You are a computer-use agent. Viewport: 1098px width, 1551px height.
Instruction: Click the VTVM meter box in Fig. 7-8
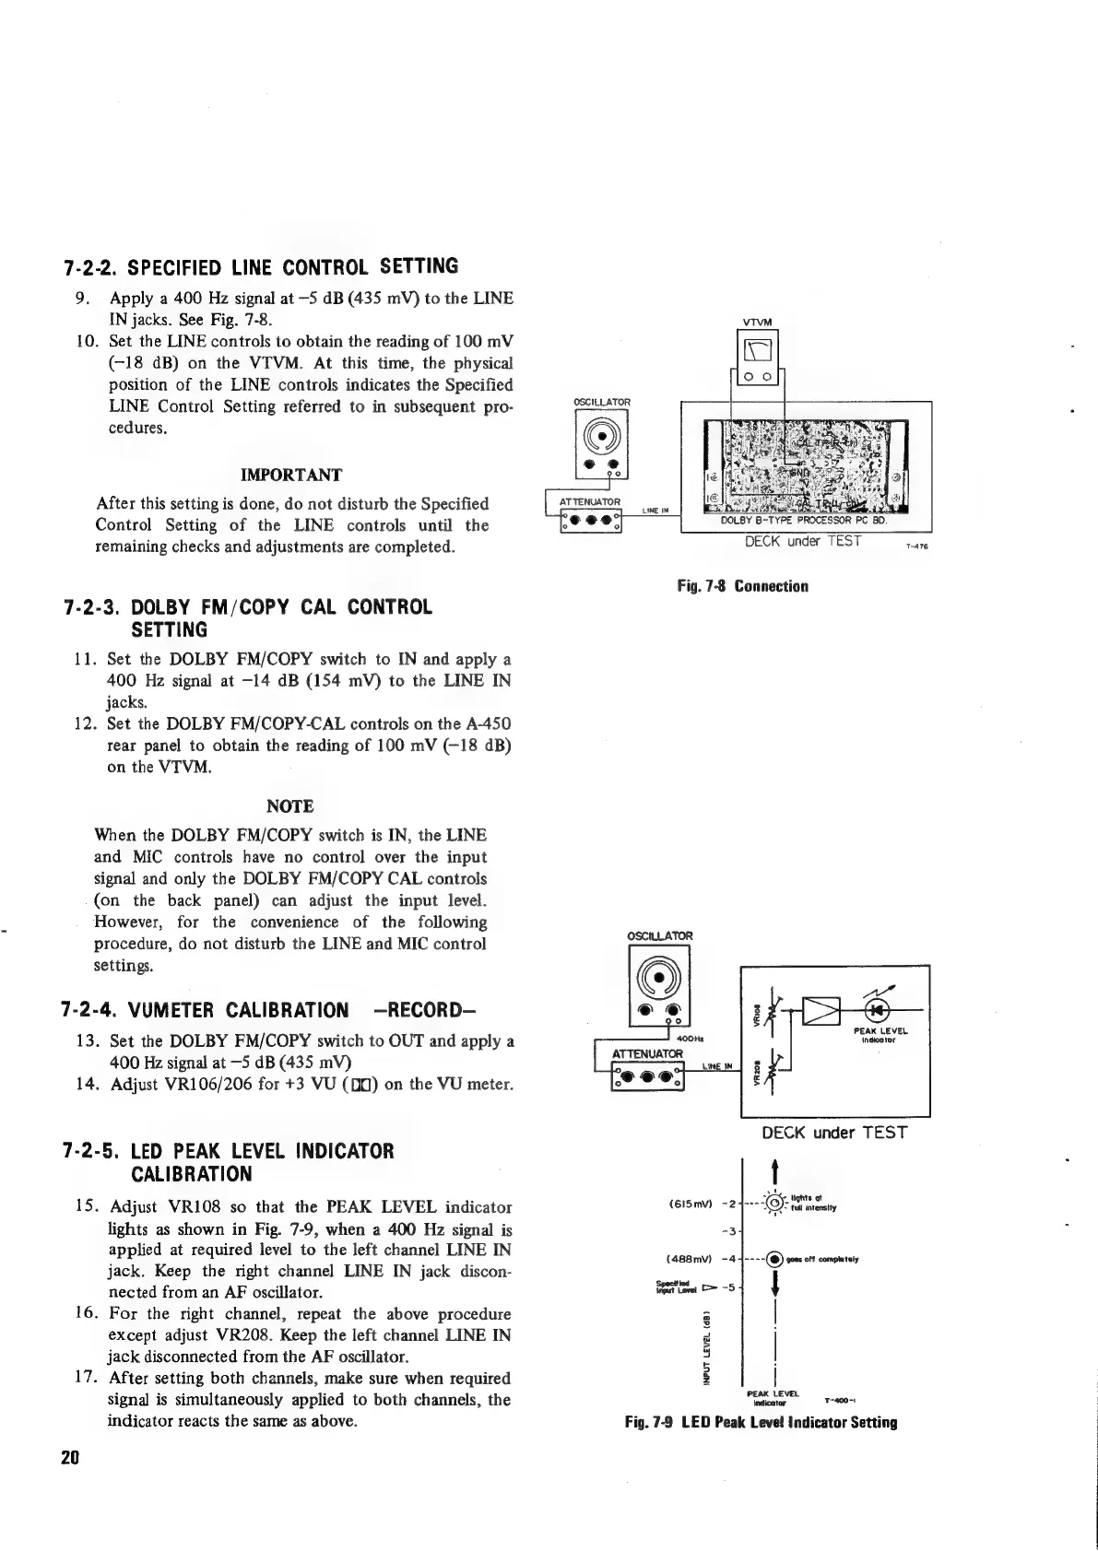[x=755, y=355]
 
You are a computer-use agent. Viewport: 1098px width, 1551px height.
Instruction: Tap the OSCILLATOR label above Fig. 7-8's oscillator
[x=601, y=401]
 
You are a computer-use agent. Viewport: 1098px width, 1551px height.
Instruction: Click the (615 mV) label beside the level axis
[x=687, y=1204]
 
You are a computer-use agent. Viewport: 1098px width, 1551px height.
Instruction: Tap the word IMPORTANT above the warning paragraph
[x=290, y=475]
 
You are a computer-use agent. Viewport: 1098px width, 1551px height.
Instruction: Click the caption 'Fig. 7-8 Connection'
[x=741, y=586]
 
